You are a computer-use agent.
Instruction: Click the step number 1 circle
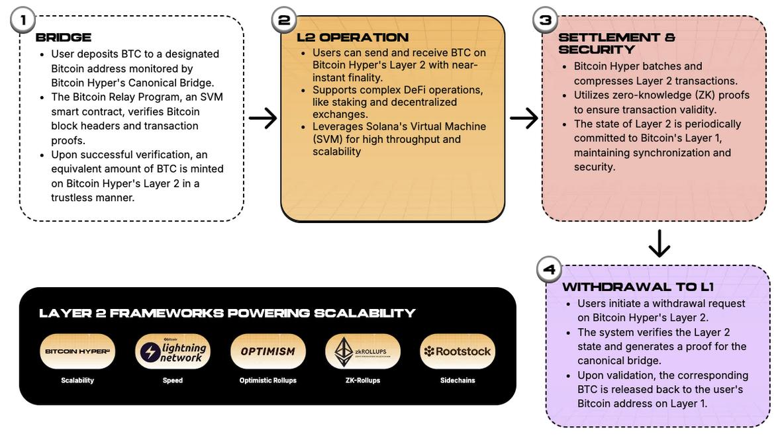[23, 20]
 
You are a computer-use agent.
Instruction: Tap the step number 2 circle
[284, 20]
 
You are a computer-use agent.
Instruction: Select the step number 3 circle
[545, 20]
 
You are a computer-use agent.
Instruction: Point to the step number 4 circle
[549, 269]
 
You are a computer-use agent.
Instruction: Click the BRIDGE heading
[64, 38]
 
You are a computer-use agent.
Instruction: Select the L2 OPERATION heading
[352, 38]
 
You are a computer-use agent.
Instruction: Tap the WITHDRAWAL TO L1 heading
[638, 287]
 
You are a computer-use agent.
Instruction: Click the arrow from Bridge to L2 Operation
[263, 118]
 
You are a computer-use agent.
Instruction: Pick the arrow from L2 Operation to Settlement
[524, 118]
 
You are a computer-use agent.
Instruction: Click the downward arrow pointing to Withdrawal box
[659, 243]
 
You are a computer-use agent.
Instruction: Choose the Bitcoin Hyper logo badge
[77, 351]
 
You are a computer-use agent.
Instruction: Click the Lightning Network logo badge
[173, 351]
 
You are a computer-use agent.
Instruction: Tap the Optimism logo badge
[268, 351]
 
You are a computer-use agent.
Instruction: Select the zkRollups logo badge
[363, 351]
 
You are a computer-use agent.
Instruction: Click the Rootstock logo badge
[458, 351]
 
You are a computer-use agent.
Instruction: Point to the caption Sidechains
[458, 380]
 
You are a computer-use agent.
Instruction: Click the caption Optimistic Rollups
[268, 380]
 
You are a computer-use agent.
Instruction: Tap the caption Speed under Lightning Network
[173, 380]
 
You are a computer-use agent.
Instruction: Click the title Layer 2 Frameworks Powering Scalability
[227, 313]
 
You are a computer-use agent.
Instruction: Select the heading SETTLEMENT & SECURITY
[616, 43]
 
